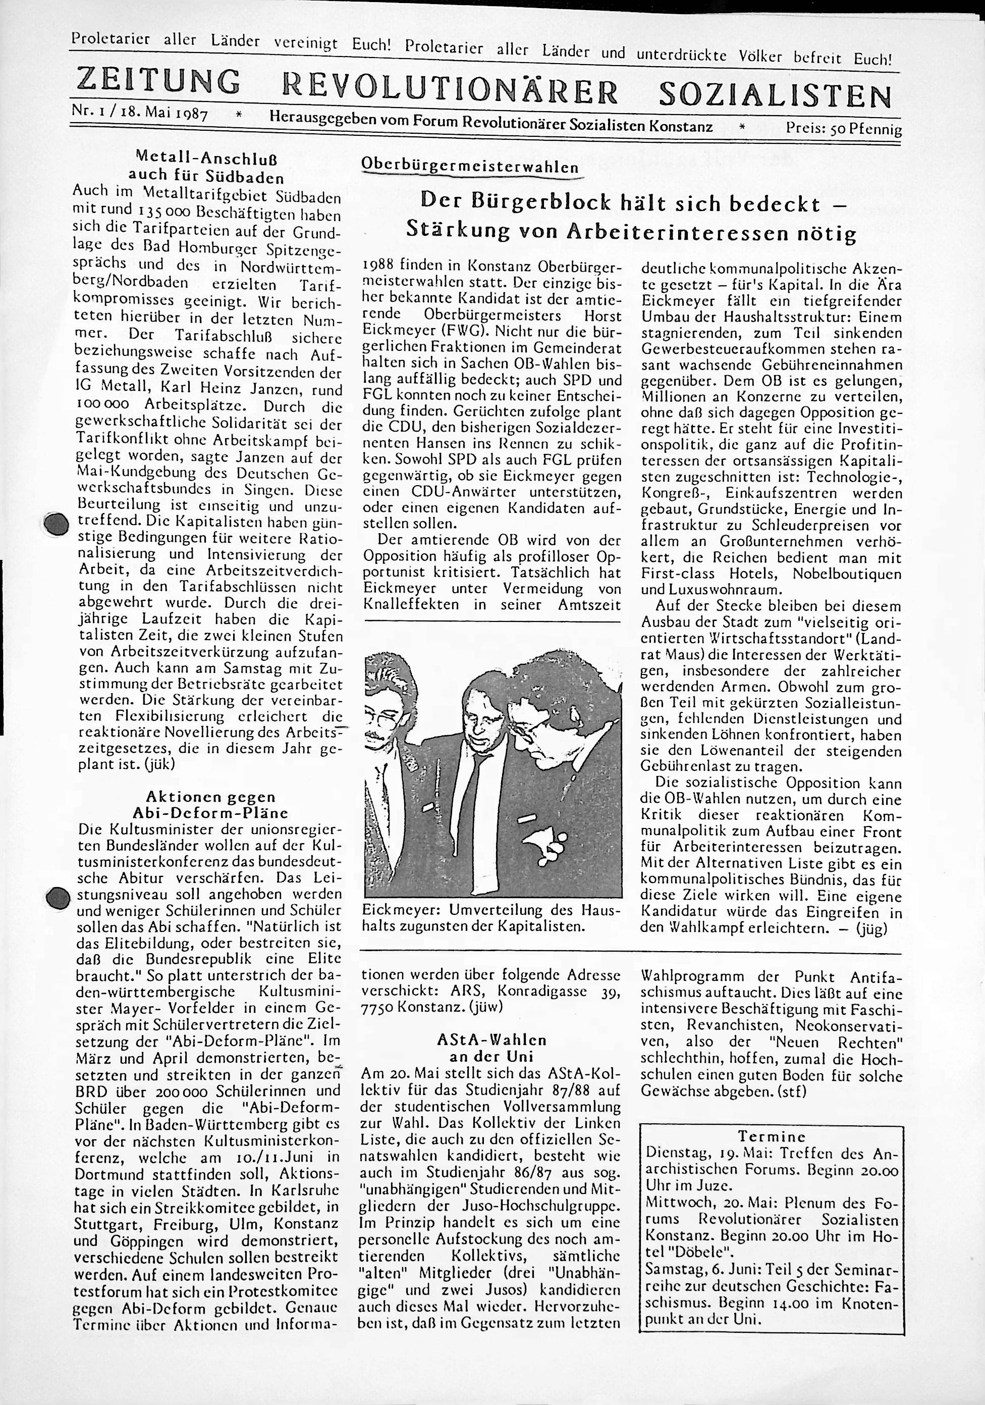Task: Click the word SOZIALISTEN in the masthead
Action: point(774,95)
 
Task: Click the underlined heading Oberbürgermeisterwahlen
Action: point(469,166)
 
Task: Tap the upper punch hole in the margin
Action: point(57,524)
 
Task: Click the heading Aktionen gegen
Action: point(210,797)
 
